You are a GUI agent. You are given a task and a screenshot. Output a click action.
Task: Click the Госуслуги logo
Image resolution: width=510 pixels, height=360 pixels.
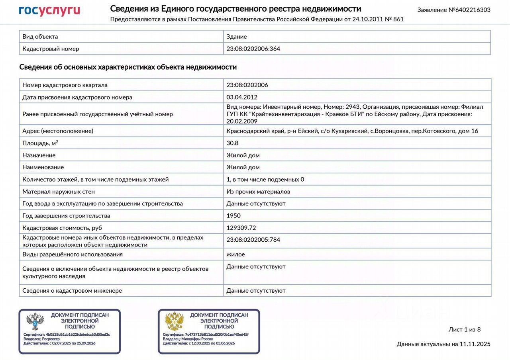click(x=49, y=11)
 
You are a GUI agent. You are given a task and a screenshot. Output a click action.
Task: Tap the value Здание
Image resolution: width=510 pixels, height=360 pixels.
click(x=237, y=37)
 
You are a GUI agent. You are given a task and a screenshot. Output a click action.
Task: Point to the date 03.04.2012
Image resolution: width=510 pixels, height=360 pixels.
click(x=242, y=97)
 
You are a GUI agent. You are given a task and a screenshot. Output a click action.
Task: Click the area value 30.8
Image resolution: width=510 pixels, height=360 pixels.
click(x=233, y=143)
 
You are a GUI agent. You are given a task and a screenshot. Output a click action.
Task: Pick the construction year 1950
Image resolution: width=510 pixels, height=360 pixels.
click(x=233, y=215)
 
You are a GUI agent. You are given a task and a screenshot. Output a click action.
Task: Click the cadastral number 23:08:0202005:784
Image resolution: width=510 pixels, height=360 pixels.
click(x=253, y=240)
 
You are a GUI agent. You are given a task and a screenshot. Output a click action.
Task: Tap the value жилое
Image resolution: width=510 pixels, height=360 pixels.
click(x=235, y=254)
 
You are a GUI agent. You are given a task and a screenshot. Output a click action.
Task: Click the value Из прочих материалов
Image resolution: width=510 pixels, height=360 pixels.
click(x=258, y=192)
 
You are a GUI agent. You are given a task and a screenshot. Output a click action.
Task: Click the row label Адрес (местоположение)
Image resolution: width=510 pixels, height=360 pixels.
click(x=58, y=131)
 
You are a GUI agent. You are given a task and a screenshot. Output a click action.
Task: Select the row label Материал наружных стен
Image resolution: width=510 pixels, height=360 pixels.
click(x=59, y=192)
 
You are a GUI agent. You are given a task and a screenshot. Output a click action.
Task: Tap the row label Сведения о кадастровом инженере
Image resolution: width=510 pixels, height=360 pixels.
click(x=72, y=291)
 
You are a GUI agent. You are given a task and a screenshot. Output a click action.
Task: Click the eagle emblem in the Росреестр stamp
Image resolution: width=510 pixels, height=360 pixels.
click(x=35, y=321)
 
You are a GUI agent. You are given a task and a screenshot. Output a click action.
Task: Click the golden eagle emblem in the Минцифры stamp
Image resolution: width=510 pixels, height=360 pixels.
click(x=174, y=321)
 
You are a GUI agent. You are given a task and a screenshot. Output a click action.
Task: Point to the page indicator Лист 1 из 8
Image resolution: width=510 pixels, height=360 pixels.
click(x=465, y=329)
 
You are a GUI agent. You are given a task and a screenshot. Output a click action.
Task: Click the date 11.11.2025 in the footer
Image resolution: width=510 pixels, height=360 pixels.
click(x=475, y=344)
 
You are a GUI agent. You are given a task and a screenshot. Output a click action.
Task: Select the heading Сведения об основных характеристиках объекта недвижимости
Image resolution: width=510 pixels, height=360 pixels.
click(x=128, y=67)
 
